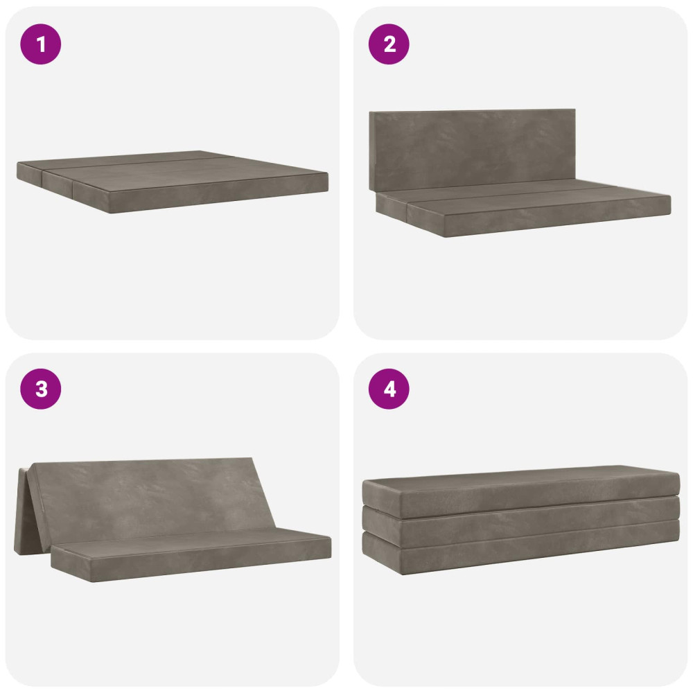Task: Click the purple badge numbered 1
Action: coord(41,44)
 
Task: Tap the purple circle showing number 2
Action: coord(389,44)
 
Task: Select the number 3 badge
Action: coord(41,389)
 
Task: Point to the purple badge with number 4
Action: coord(389,389)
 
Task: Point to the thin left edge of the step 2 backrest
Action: coord(371,150)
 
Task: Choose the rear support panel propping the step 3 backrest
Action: coord(22,511)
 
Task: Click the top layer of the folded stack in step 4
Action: coord(520,491)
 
